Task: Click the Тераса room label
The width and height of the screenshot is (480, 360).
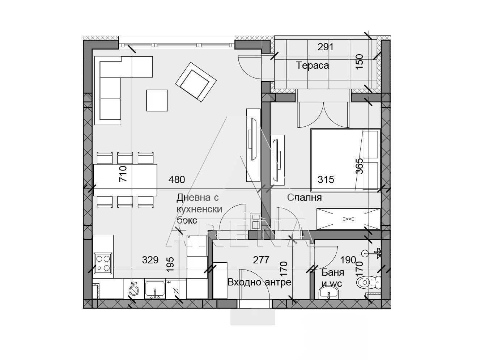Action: click(312, 65)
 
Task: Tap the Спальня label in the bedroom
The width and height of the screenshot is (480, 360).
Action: click(305, 198)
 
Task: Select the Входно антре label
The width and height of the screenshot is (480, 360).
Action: click(259, 282)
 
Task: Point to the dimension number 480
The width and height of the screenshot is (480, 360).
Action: click(177, 179)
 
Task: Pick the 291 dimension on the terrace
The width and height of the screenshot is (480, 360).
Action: click(326, 47)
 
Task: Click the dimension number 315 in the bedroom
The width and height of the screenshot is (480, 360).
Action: click(326, 179)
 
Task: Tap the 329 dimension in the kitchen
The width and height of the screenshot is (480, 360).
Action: click(150, 260)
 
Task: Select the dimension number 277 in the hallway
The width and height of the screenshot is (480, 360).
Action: click(261, 260)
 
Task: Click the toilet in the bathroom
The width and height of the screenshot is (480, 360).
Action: click(369, 283)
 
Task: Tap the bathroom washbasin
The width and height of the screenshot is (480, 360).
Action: click(328, 293)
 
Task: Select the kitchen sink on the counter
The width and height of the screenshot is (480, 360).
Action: click(155, 289)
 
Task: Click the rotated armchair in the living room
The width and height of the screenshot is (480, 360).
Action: click(196, 82)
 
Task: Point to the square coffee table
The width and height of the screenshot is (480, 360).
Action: click(157, 100)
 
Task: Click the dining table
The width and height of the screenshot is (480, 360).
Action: click(125, 180)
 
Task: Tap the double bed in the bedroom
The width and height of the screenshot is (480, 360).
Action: click(345, 161)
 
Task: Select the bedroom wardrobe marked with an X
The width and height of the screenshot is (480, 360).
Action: click(349, 219)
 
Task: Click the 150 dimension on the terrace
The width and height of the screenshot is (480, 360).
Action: click(359, 62)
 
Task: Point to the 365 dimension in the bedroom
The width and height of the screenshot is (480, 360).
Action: click(359, 166)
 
